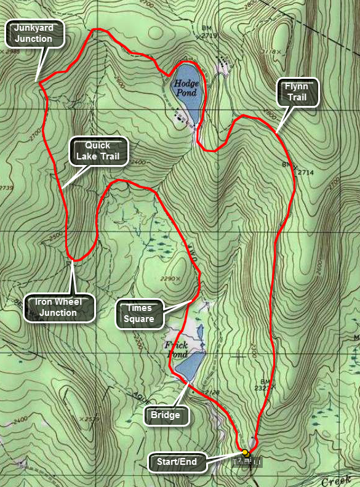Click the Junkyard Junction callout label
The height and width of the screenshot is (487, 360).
(38, 33)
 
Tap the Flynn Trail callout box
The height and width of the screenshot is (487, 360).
(298, 92)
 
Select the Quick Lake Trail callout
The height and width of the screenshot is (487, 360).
(98, 151)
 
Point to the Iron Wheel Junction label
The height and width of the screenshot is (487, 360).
(60, 308)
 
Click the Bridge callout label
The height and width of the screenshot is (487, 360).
(166, 416)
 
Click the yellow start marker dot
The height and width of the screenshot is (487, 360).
(245, 453)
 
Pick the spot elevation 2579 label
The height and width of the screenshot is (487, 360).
(91, 419)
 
